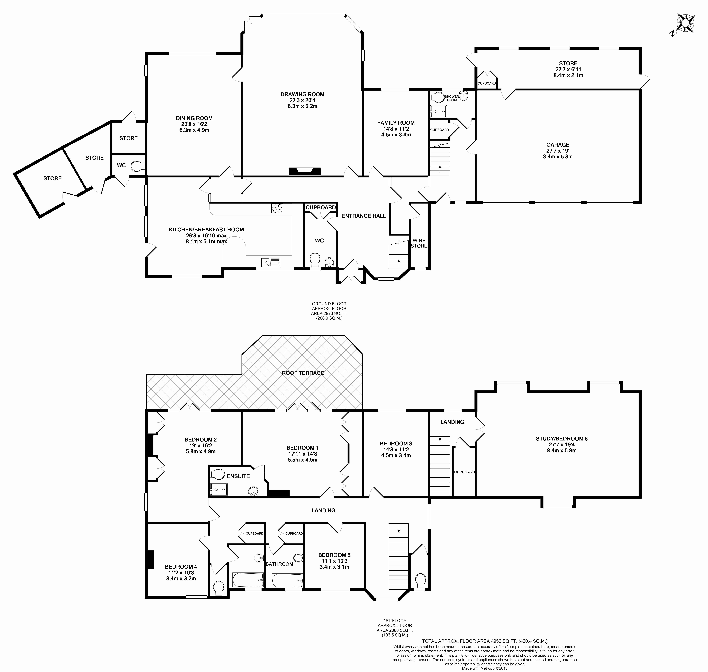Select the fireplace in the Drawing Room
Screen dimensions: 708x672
304,172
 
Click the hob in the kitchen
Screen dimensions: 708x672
277,208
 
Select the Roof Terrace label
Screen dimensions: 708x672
303,373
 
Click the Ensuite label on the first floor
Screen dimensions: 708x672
238,476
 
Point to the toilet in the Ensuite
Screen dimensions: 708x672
217,474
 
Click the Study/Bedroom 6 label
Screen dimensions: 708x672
561,438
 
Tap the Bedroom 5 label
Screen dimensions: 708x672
334,555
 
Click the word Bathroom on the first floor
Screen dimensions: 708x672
279,564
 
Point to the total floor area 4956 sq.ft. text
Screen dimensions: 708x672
485,641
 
